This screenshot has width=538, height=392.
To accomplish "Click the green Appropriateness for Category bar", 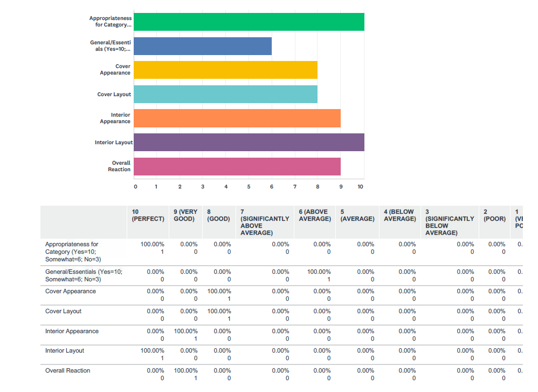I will (249, 22).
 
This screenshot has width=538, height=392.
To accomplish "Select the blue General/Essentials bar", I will (202, 46).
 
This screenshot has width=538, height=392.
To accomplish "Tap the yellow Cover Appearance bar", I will (225, 70).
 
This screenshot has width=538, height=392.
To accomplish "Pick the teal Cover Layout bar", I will (225, 94).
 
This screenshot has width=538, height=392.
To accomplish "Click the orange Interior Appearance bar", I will (237, 118).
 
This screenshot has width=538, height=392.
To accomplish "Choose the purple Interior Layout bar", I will (249, 143).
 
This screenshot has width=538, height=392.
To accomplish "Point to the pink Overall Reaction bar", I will (237, 166).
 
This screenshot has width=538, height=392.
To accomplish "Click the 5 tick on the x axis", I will (249, 187).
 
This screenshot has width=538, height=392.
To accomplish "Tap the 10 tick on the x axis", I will (361, 187).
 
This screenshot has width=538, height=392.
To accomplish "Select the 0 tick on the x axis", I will (135, 187).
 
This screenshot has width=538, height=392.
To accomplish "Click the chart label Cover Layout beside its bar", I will (114, 94).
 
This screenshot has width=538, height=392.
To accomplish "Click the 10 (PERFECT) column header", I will (148, 215).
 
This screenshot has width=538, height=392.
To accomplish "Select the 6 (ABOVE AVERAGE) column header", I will (315, 215).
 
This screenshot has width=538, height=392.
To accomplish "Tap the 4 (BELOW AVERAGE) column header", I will (399, 215).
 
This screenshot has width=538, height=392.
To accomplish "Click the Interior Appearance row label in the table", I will (72, 331).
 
